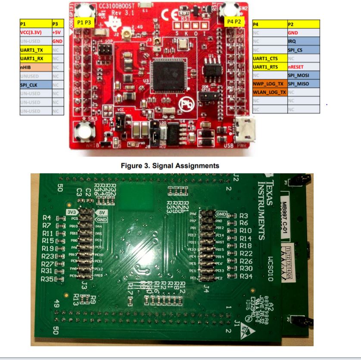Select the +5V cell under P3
[56, 32]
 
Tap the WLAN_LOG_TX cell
[269, 92]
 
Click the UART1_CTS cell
[269, 58]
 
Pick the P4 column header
[269, 23]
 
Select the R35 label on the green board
[47, 279]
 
